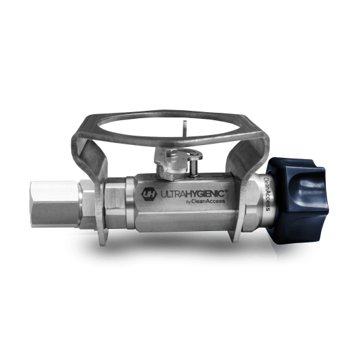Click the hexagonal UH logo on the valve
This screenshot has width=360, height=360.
pos(149,194)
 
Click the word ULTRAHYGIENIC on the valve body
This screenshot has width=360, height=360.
pos(192,194)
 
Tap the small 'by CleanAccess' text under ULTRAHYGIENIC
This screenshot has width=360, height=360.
pos(205,201)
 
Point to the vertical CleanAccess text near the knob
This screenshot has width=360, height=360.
pos(267,193)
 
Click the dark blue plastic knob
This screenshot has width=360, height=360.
pos(298,200)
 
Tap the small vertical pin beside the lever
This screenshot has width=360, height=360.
pos(194,168)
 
